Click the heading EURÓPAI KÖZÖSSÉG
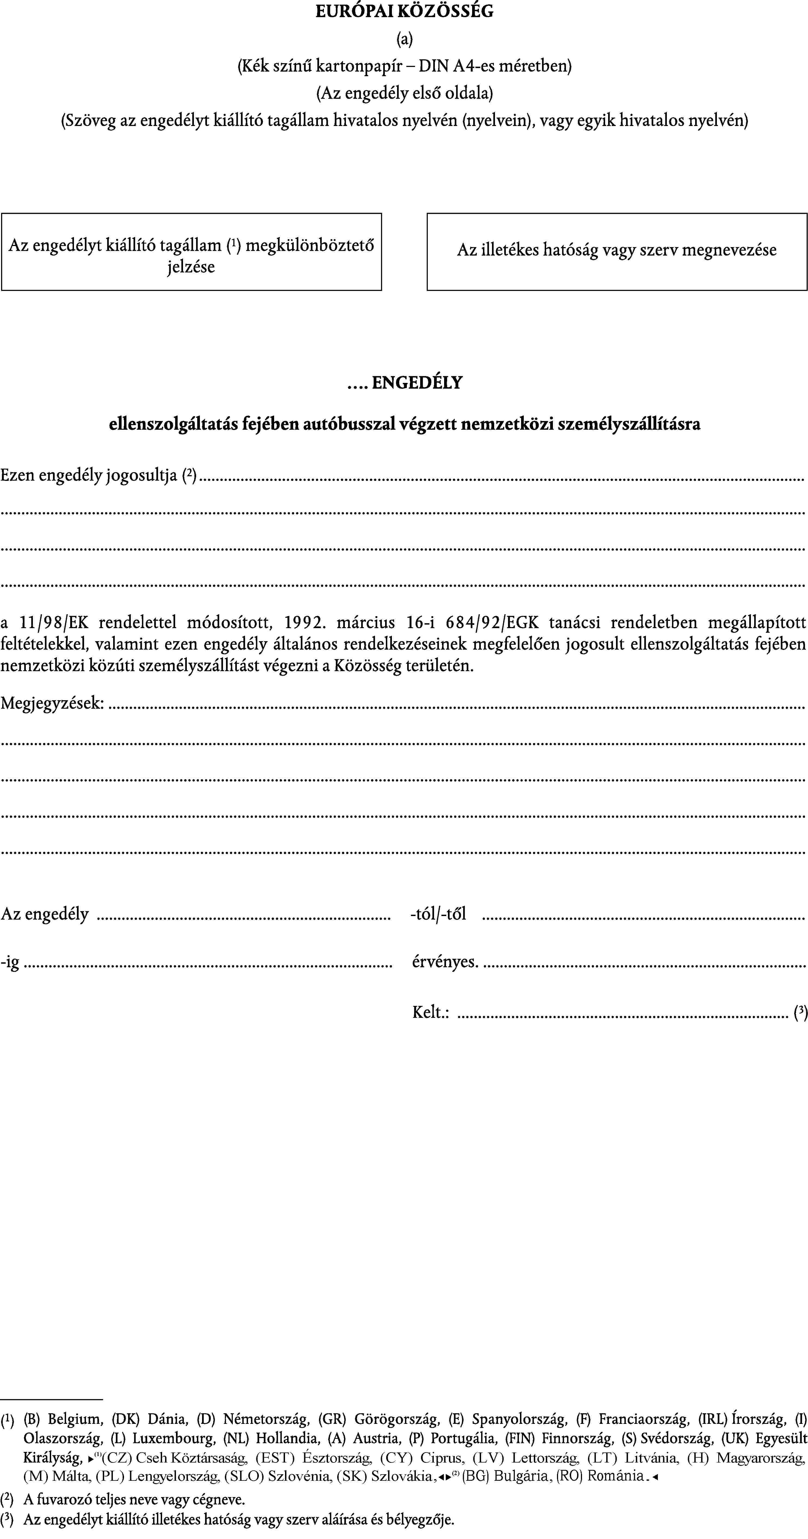tap(404, 11)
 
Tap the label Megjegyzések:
tap(52, 703)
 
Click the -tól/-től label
tap(438, 914)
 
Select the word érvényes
tap(445, 962)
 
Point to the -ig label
tap(10, 962)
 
